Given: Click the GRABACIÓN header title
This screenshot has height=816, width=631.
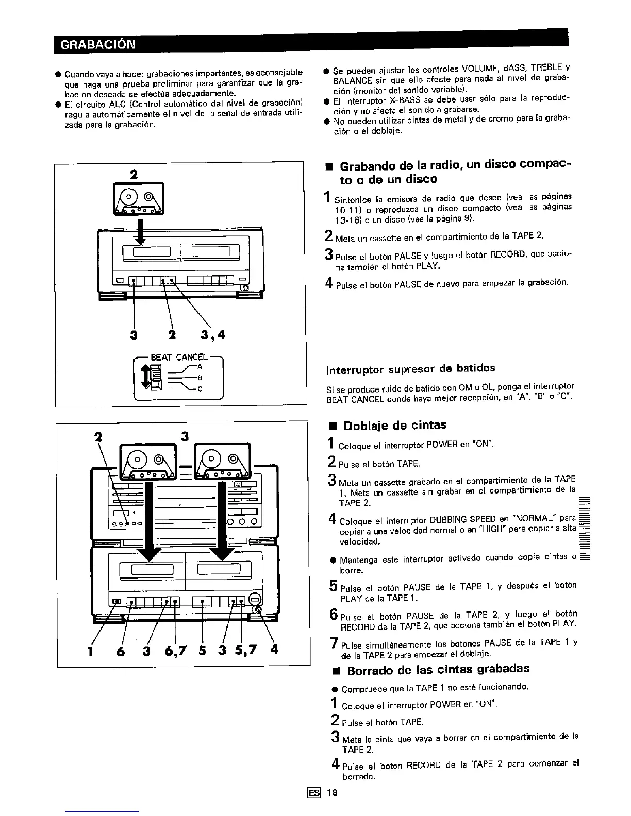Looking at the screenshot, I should coord(98,44).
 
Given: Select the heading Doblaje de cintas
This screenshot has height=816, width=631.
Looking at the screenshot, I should coord(394,426).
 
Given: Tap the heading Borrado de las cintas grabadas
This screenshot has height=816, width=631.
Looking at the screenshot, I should coord(438,670).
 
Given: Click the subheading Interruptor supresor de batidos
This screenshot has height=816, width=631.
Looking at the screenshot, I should coord(410,368).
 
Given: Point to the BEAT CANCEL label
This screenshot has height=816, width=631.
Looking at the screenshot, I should coord(179,357).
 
